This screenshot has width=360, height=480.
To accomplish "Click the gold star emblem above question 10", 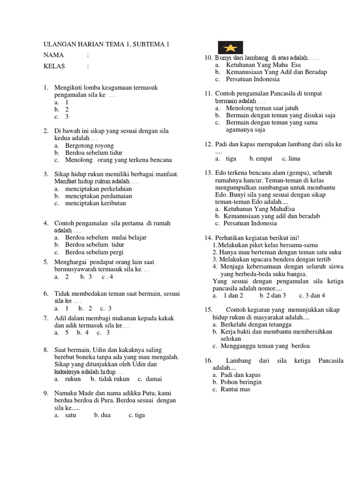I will coord(230,47).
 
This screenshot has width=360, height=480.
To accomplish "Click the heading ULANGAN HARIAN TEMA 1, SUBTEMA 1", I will coord(106,45).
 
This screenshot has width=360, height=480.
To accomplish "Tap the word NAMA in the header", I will coord(53,55).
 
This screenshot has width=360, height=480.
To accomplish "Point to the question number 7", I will coord(46,318).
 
